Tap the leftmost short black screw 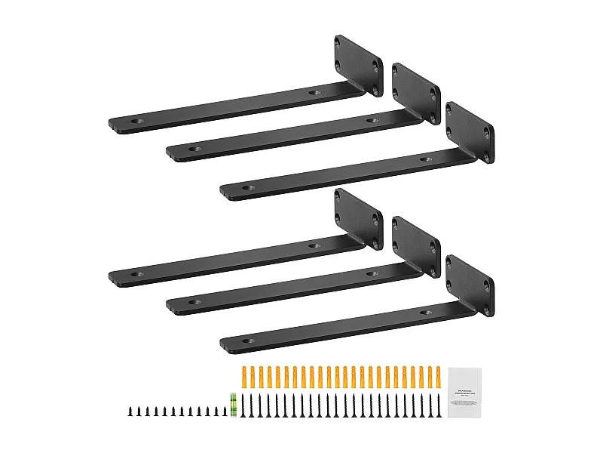pos(129,411)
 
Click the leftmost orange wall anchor pos(243,375)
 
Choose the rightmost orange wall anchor pos(437,375)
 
